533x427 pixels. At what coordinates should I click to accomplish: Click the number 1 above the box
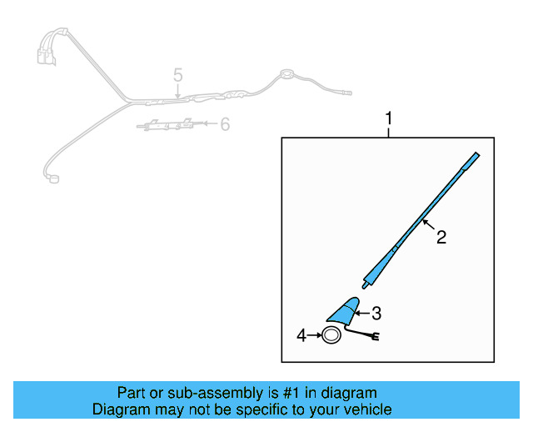388,118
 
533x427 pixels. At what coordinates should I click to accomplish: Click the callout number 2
441,238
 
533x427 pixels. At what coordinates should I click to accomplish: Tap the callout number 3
376,314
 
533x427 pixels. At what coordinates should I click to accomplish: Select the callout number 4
301,335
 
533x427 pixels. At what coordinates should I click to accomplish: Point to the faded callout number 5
177,76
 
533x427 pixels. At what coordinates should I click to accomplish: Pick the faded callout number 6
224,125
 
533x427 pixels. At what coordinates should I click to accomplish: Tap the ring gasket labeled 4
331,336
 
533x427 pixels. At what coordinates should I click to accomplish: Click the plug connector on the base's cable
376,337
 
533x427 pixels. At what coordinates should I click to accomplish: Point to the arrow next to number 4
316,335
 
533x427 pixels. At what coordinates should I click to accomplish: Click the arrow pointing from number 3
361,314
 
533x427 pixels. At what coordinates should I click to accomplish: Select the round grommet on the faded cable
286,73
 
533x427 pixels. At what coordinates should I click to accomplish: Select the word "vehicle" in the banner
367,409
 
